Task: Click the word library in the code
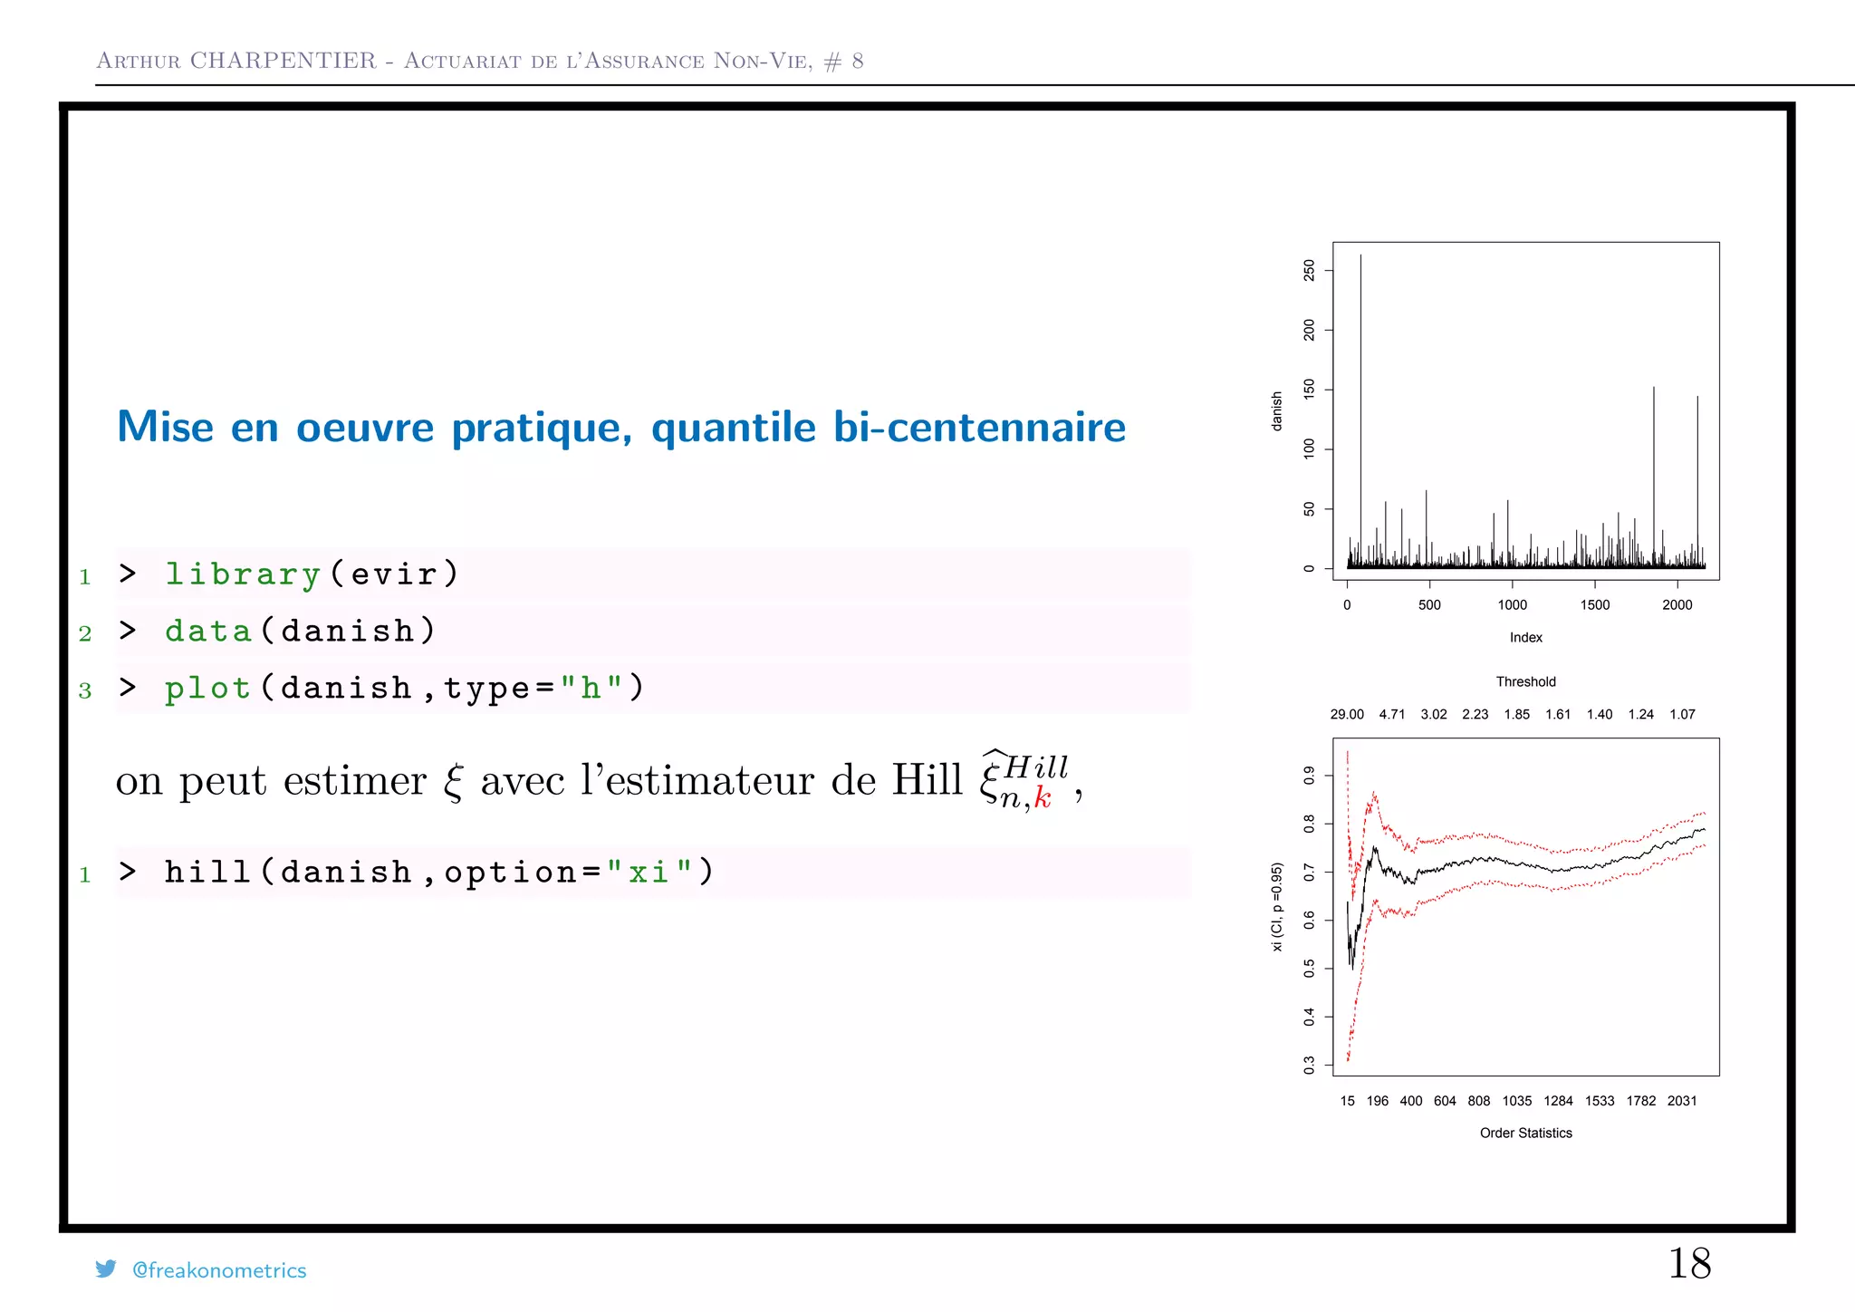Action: coord(243,574)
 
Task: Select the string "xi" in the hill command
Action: coord(649,873)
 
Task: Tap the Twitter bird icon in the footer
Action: coord(106,1269)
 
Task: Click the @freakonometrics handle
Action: coord(219,1270)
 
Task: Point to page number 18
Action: coord(1689,1263)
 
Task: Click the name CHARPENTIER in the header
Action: coord(283,61)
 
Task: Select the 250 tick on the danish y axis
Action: coord(1309,270)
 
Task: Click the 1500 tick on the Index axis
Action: coord(1595,605)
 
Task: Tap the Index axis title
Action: coord(1525,638)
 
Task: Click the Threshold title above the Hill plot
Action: coord(1525,681)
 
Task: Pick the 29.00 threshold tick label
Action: coord(1347,714)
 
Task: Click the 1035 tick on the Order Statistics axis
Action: coord(1517,1101)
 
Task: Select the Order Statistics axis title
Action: coord(1525,1134)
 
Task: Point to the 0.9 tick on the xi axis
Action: coord(1309,776)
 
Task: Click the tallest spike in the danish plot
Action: coord(1360,362)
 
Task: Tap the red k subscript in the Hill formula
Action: coord(1043,798)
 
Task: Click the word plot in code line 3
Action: coord(207,689)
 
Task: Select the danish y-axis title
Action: coord(1277,410)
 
